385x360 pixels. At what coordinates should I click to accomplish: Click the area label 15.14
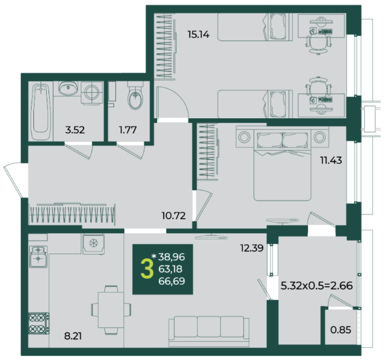198,35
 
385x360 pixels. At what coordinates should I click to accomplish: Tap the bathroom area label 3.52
75,130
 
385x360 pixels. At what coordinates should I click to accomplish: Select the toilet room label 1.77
128,130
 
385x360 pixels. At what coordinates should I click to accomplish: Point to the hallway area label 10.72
173,216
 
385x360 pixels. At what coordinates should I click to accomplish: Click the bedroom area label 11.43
331,160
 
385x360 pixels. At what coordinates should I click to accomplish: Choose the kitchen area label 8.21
73,336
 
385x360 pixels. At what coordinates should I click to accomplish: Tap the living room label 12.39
252,248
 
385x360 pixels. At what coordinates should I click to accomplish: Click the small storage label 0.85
341,330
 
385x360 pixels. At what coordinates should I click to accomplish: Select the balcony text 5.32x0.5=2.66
316,285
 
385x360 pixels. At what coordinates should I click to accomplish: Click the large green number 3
147,270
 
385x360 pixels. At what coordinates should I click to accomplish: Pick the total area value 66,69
172,281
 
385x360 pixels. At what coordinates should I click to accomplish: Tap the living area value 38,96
172,257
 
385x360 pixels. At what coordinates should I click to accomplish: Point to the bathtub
41,112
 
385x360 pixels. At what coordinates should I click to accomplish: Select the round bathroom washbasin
68,89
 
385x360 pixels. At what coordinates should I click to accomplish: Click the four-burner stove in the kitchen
39,323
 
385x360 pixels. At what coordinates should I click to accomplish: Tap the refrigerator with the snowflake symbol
93,244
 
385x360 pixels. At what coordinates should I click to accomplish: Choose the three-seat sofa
209,331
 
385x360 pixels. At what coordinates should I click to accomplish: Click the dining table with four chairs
111,310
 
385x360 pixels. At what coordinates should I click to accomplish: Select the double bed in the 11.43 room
283,164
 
